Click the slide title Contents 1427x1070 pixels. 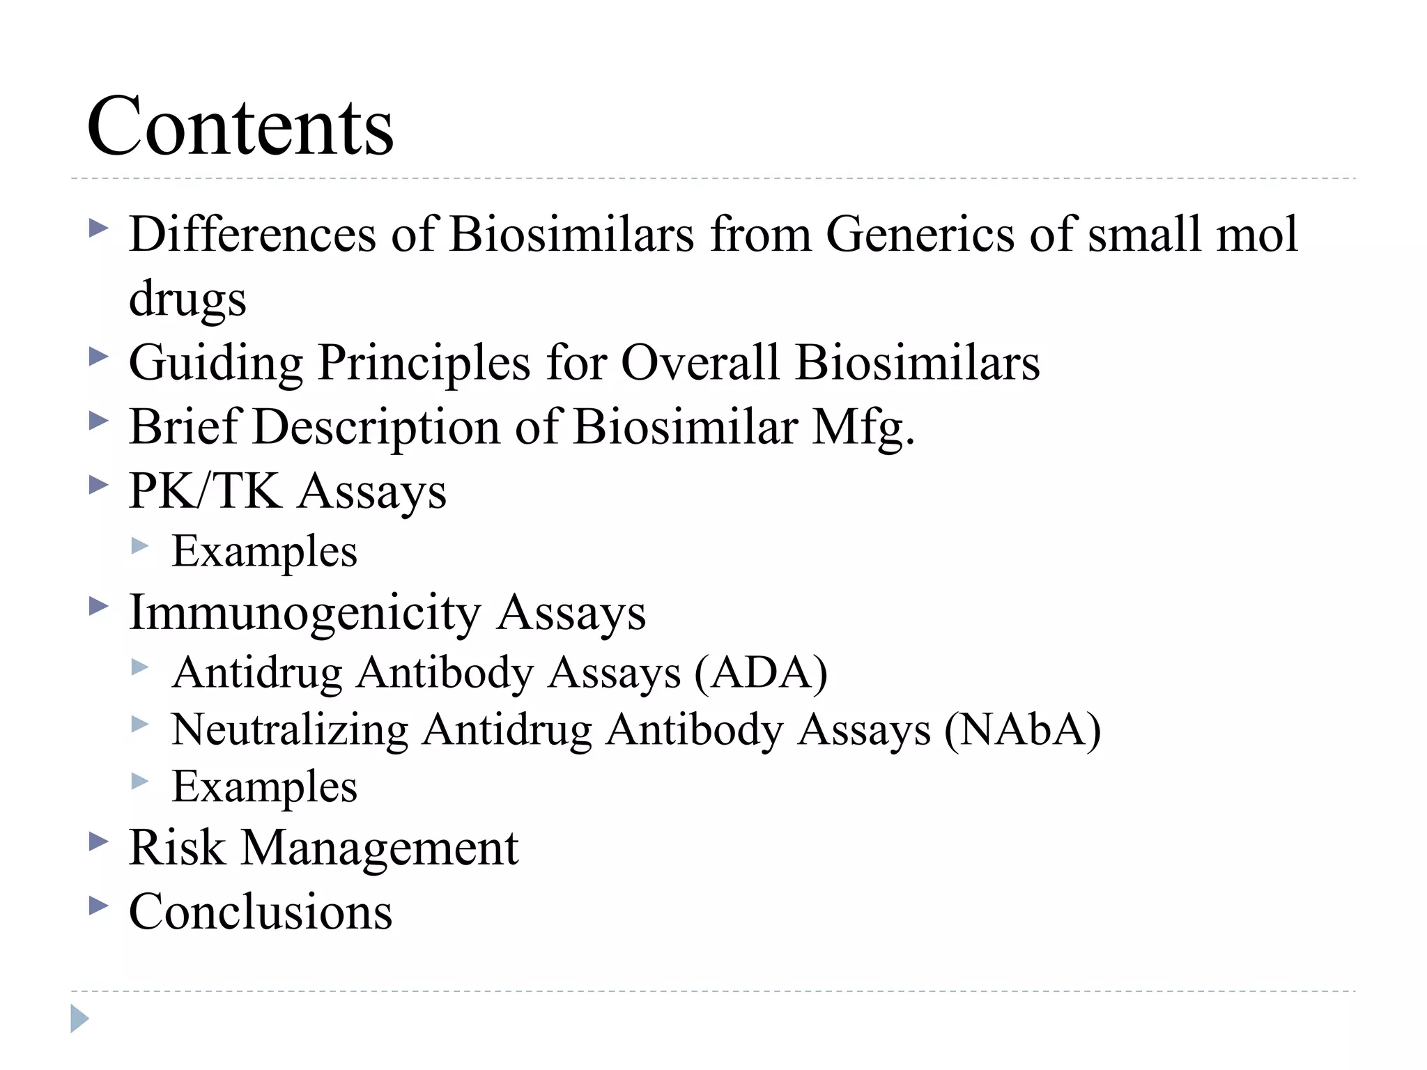point(240,127)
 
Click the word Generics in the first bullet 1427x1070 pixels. point(920,234)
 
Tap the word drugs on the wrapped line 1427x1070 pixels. point(187,298)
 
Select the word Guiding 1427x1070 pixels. point(216,364)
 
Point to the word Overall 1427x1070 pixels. point(700,362)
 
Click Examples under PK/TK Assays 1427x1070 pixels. point(264,552)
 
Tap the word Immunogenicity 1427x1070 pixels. point(304,614)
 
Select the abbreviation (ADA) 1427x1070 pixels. point(760,674)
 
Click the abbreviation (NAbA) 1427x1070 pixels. point(1022,731)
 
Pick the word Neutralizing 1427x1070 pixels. point(290,731)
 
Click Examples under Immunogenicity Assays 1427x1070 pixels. point(264,787)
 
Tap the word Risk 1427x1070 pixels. point(177,848)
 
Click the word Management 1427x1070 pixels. point(380,849)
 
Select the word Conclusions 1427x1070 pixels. point(261,912)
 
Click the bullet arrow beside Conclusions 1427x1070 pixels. point(99,906)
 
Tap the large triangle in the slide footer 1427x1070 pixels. point(79,1018)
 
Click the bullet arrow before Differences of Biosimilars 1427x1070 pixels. point(99,228)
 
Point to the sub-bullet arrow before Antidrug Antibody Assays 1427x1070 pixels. point(140,668)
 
